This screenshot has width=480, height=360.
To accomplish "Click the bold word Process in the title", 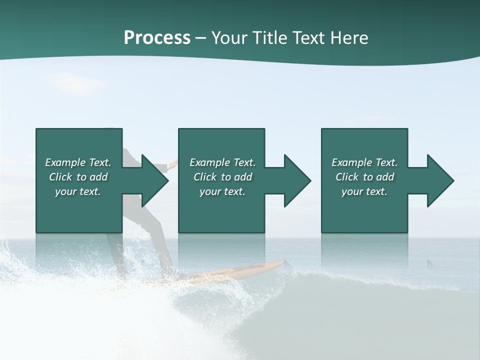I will pyautogui.click(x=157, y=38).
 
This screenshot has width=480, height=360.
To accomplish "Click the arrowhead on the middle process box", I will pyautogui.click(x=296, y=180).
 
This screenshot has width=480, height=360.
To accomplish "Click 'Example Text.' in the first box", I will pyautogui.click(x=78, y=162).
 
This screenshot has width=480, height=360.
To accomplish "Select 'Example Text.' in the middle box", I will pyautogui.click(x=222, y=162).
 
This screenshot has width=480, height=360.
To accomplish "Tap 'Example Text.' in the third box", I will pyautogui.click(x=364, y=162).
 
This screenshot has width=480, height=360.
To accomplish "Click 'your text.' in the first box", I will pyautogui.click(x=78, y=191).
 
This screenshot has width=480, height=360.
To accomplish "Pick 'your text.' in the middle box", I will pyautogui.click(x=222, y=191).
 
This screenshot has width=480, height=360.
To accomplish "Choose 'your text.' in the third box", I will pyautogui.click(x=364, y=191).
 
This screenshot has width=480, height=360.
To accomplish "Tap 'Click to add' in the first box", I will pyautogui.click(x=78, y=177).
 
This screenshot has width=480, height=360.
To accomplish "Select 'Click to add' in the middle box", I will pyautogui.click(x=222, y=177).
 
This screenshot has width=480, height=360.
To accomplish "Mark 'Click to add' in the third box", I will pyautogui.click(x=364, y=177).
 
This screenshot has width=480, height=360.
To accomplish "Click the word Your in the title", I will pyautogui.click(x=228, y=38).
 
